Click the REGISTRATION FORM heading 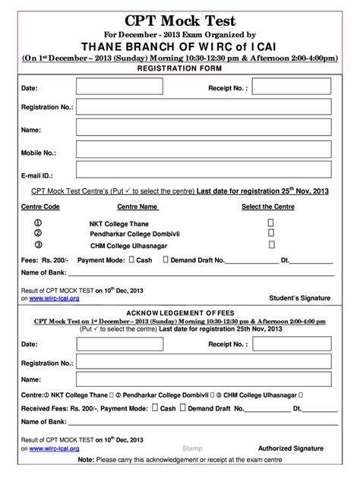[x=180, y=68]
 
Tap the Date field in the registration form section [x=122, y=88]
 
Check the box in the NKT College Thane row [x=270, y=223]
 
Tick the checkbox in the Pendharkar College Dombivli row [x=270, y=234]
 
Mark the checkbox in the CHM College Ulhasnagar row [x=270, y=245]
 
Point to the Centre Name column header [x=137, y=206]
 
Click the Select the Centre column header [x=268, y=206]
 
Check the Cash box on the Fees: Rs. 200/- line [x=132, y=259]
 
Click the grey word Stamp [x=193, y=449]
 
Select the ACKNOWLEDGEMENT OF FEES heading [x=180, y=313]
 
